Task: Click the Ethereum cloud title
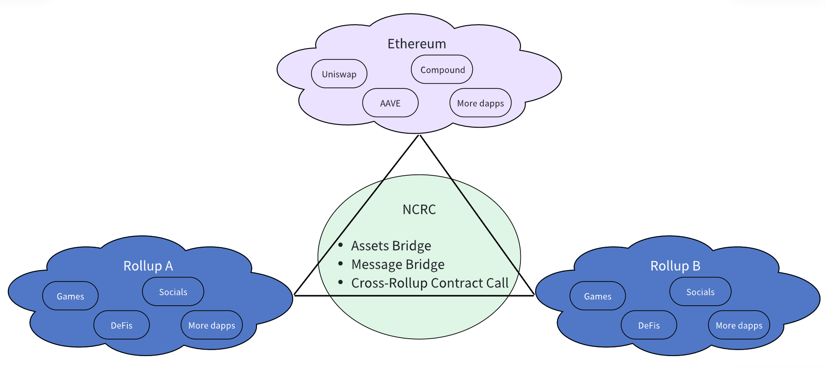[416, 44]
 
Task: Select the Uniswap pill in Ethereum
[339, 74]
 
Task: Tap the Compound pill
[442, 70]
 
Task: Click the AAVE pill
[390, 103]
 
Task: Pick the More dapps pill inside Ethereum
[481, 103]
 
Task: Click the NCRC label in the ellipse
[419, 210]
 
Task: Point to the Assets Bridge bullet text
[391, 246]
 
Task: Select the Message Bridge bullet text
[398, 265]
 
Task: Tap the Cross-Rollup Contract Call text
[430, 283]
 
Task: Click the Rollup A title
[148, 266]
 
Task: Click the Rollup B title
[675, 266]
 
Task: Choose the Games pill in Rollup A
[71, 297]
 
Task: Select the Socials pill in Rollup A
[173, 292]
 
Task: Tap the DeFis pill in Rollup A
[121, 325]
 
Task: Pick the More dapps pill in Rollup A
[212, 325]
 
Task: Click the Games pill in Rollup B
[597, 297]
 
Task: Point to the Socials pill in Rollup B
[700, 292]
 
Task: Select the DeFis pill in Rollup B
[649, 325]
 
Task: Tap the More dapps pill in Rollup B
[739, 325]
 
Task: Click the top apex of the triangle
[419, 135]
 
